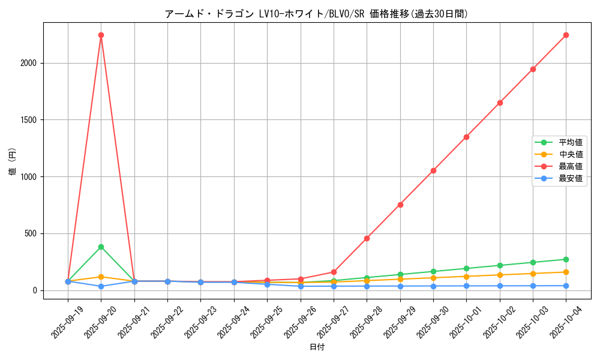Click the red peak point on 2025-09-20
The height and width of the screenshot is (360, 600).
coord(101,35)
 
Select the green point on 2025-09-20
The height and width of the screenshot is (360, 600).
coord(101,247)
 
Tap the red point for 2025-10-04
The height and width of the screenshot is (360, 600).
coord(566,35)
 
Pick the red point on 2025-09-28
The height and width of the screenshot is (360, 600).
coord(367,238)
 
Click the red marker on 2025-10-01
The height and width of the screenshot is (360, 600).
coord(466,137)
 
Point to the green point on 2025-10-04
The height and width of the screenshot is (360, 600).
coord(566,259)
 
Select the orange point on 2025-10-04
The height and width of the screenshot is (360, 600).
coord(566,272)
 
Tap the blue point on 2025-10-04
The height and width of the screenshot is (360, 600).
coord(566,286)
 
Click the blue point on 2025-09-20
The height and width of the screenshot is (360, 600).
coord(101,286)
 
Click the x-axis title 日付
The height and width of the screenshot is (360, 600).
coord(317,347)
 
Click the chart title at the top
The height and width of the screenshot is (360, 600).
coord(317,14)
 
